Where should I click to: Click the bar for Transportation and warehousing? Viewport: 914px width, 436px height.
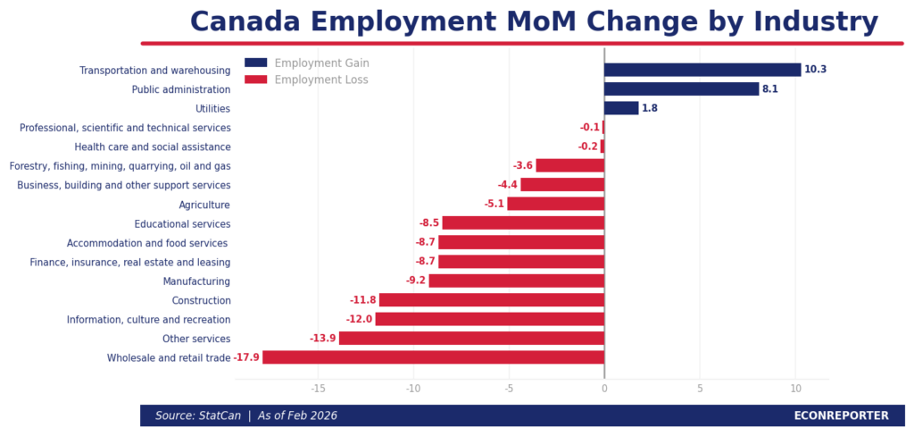tap(702, 70)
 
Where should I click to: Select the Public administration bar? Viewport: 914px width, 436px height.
tap(681, 89)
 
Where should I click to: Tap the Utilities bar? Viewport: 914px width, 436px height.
tap(621, 108)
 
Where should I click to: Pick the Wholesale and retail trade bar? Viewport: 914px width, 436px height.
tap(433, 357)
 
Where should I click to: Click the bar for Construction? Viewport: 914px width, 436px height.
tap(492, 300)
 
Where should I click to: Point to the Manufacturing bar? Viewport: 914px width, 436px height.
tap(517, 281)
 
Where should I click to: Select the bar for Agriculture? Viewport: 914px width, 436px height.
tap(556, 204)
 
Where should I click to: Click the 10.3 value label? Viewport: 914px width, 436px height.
tap(815, 70)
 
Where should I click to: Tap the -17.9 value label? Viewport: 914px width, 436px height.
tap(246, 357)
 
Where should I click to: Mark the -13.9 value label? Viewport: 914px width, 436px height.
tap(322, 339)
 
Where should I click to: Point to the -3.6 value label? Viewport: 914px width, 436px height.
tap(522, 166)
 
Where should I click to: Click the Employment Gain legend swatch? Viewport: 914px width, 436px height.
tap(255, 63)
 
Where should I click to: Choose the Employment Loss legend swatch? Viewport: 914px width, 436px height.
tap(255, 80)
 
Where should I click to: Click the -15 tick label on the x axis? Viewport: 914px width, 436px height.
tap(318, 389)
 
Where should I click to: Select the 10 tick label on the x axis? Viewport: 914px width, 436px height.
tap(795, 389)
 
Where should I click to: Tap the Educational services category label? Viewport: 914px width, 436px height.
tap(182, 224)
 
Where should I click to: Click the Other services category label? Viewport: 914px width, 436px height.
tap(196, 339)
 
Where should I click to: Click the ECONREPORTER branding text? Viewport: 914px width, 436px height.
tap(841, 415)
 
